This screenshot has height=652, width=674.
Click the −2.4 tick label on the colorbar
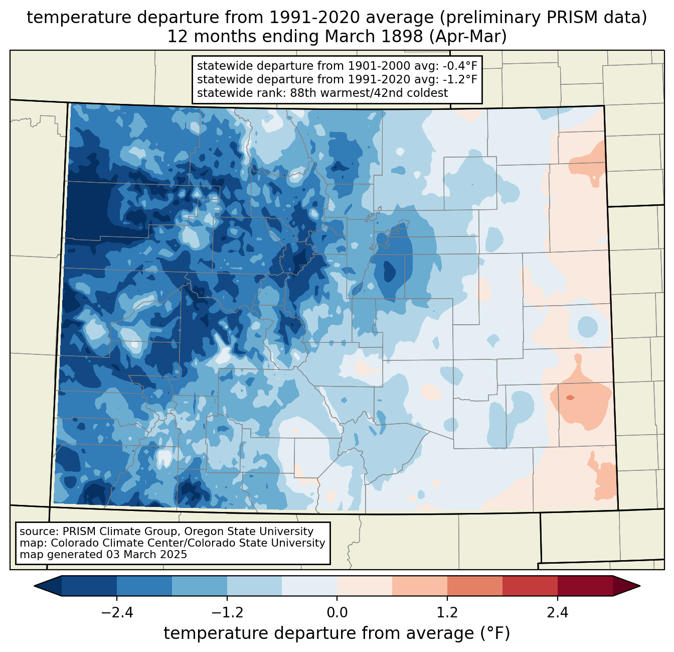117,613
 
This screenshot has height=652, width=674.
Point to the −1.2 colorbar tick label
227,613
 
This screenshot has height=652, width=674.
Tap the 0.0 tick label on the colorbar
337,613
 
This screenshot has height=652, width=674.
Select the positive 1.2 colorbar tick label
447,613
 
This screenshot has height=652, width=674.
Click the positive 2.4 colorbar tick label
558,613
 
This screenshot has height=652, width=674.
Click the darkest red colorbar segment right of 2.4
585,586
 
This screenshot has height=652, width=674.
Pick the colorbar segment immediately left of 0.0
309,586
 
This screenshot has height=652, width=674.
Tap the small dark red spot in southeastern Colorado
570,398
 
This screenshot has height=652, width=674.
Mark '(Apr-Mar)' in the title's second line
468,37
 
